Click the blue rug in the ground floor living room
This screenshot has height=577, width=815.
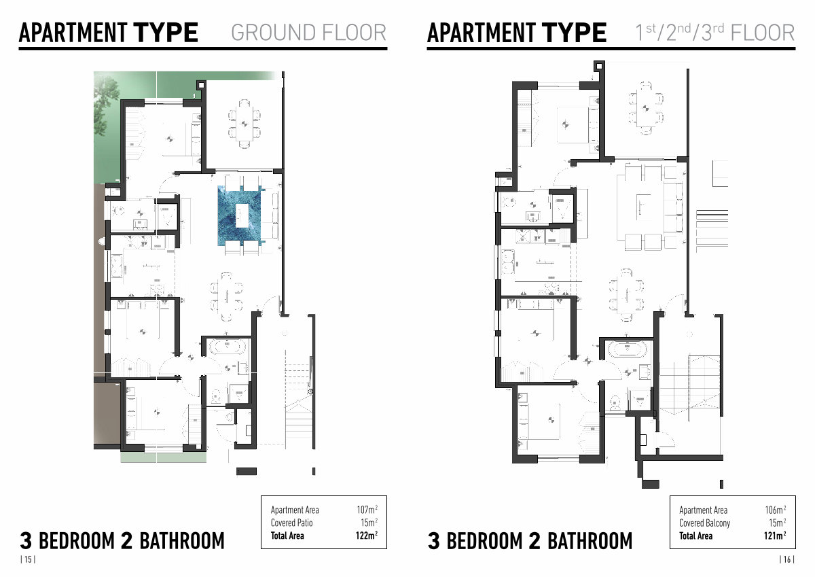[239, 216]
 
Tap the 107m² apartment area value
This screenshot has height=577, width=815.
[367, 509]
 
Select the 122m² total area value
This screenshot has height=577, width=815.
[366, 536]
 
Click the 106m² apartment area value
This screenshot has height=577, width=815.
[776, 510]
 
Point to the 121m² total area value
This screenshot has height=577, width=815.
[775, 536]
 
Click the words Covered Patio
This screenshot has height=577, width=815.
[291, 523]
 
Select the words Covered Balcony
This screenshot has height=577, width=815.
[704, 523]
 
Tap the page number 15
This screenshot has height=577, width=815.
[28, 559]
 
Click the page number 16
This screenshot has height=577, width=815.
[786, 559]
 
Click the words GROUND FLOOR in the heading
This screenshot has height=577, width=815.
[308, 33]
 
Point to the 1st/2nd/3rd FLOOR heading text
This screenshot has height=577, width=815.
[714, 32]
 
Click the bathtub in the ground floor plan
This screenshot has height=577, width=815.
[226, 347]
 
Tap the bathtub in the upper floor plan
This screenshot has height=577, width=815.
[628, 349]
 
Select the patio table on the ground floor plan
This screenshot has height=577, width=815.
[244, 124]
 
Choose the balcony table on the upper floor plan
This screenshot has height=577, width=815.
[645, 108]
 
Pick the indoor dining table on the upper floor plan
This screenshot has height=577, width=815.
[626, 295]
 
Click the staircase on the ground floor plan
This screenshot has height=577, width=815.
[298, 395]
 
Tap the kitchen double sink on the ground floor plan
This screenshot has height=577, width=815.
[116, 266]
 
